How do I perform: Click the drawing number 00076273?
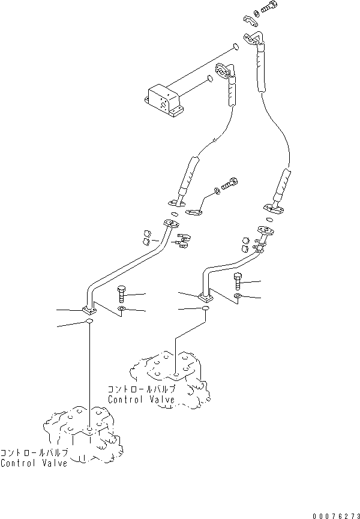336,516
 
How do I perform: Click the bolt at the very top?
269,7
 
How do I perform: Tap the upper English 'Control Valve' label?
142,400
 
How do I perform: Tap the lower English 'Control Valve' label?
34,463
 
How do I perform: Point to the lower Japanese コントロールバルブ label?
34,453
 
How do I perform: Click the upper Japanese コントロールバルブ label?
142,389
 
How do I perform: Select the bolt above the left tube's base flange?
121,294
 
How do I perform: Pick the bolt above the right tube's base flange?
238,281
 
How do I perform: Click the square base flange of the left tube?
89,310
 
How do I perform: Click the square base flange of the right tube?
206,298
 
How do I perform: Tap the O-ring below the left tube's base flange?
89,321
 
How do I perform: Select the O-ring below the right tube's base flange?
205,308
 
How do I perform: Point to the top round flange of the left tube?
172,224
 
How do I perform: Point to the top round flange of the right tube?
266,230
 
